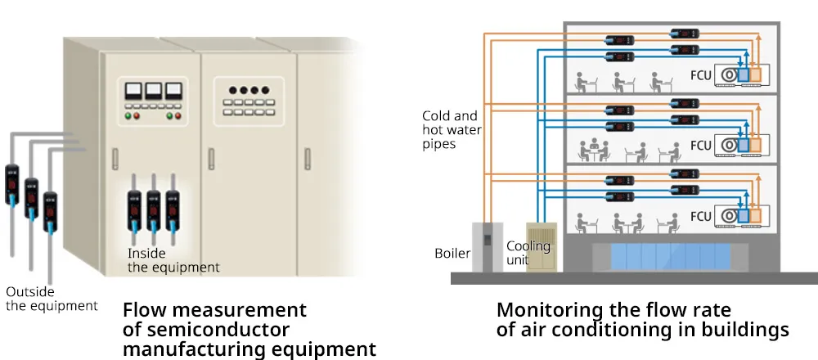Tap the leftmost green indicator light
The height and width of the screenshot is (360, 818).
(127, 115)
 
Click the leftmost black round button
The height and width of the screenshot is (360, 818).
(232, 90)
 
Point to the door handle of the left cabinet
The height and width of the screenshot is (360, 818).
(115, 155)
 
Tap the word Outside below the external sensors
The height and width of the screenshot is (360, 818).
(31, 292)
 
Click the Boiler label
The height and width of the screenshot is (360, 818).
(452, 253)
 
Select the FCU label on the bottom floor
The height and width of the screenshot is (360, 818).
(700, 217)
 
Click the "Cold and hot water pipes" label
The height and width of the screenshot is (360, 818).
(449, 130)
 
